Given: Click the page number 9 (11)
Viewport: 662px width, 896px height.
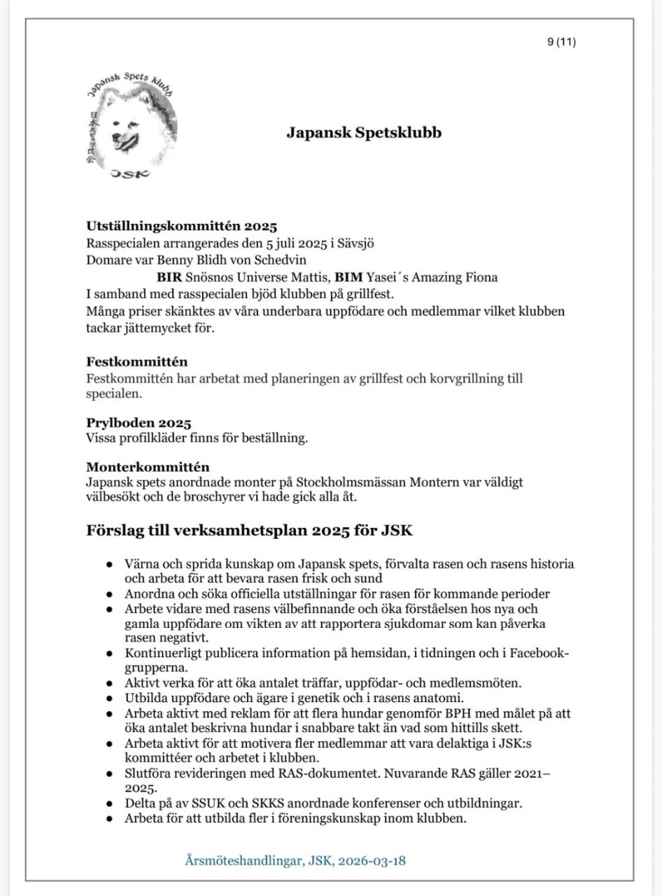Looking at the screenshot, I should tap(561, 42).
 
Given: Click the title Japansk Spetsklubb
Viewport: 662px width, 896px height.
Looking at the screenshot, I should tap(364, 132).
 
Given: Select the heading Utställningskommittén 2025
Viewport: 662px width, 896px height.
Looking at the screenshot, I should tap(182, 226).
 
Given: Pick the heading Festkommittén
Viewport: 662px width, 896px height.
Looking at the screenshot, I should tap(136, 362).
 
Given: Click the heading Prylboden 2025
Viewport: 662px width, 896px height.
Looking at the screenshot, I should tap(139, 423).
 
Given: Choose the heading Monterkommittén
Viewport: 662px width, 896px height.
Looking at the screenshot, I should tap(148, 466).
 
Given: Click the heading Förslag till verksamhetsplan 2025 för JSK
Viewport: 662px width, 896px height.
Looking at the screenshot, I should tap(249, 530).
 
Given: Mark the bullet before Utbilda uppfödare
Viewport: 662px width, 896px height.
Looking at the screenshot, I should tap(109, 699).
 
